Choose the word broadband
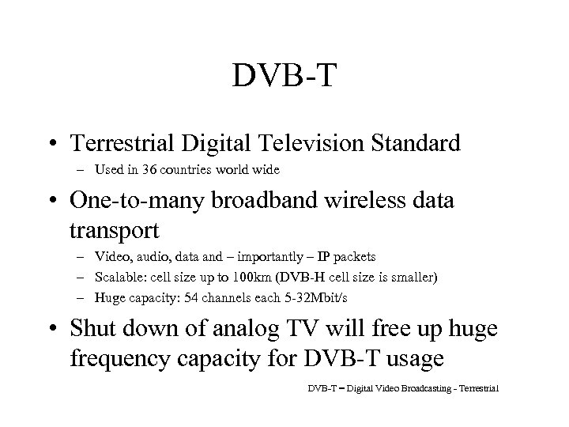[257, 201]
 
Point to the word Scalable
[116, 277]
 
